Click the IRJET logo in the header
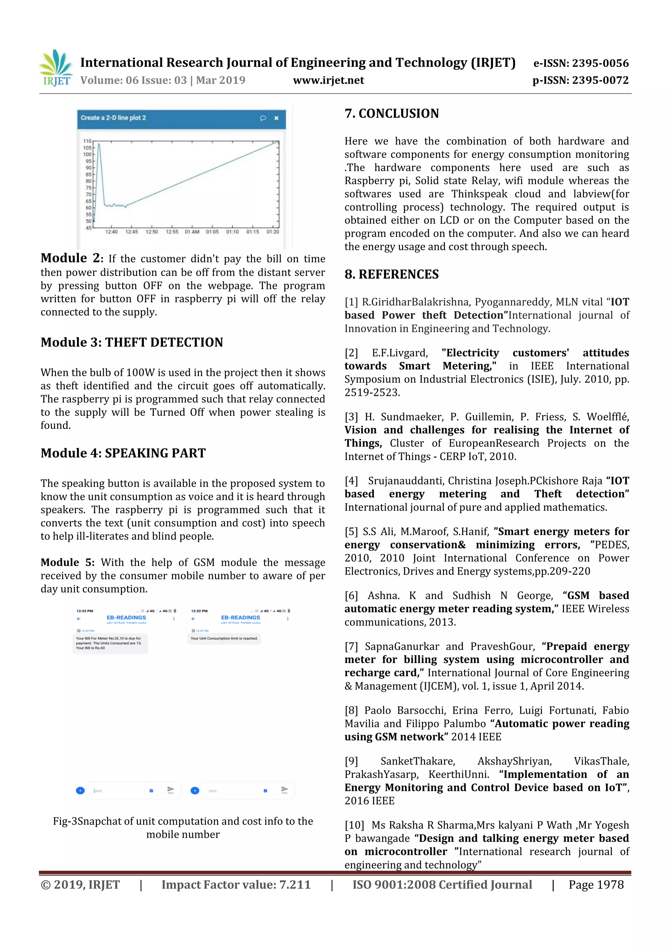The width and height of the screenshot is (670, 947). (55, 68)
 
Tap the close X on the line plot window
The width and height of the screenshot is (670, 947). (276, 118)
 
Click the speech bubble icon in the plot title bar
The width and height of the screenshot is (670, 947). (263, 118)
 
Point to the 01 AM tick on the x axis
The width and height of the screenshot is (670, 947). (192, 232)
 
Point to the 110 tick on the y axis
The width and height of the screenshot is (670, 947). (88, 141)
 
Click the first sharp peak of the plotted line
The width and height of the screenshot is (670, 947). (99, 144)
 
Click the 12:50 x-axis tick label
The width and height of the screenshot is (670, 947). (151, 232)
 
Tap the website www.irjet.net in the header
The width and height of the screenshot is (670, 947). (328, 80)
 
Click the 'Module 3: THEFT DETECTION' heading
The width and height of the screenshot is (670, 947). (132, 342)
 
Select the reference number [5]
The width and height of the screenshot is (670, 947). (351, 531)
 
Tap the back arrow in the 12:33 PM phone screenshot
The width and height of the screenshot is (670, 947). (79, 619)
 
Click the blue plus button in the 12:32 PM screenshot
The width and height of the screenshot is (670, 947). (195, 790)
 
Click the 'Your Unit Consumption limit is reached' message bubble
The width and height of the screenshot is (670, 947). (224, 638)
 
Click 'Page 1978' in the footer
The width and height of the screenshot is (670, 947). (596, 885)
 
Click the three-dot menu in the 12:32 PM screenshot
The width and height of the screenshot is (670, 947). (288, 619)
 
